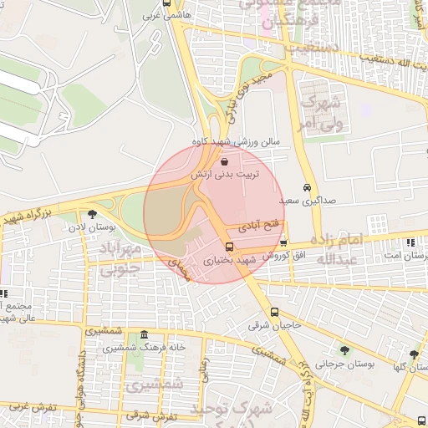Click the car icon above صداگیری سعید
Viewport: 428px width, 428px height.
[308, 188]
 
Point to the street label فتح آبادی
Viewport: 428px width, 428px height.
[256, 226]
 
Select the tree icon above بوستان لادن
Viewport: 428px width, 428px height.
[104, 214]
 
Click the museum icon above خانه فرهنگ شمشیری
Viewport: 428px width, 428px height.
[145, 334]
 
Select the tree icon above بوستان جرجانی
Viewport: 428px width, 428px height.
[345, 350]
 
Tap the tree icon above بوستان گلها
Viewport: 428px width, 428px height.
[414, 354]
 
